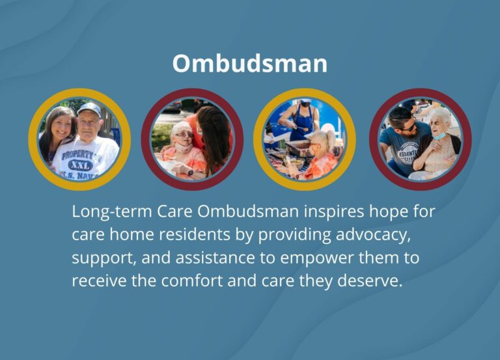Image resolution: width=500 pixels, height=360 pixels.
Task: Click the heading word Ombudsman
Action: [249, 63]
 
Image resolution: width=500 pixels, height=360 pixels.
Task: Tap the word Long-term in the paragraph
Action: [104, 212]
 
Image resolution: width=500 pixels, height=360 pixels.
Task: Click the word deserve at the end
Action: [369, 281]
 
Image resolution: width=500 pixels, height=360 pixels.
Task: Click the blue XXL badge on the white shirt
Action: [80, 164]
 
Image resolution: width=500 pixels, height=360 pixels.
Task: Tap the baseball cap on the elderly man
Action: [89, 108]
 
